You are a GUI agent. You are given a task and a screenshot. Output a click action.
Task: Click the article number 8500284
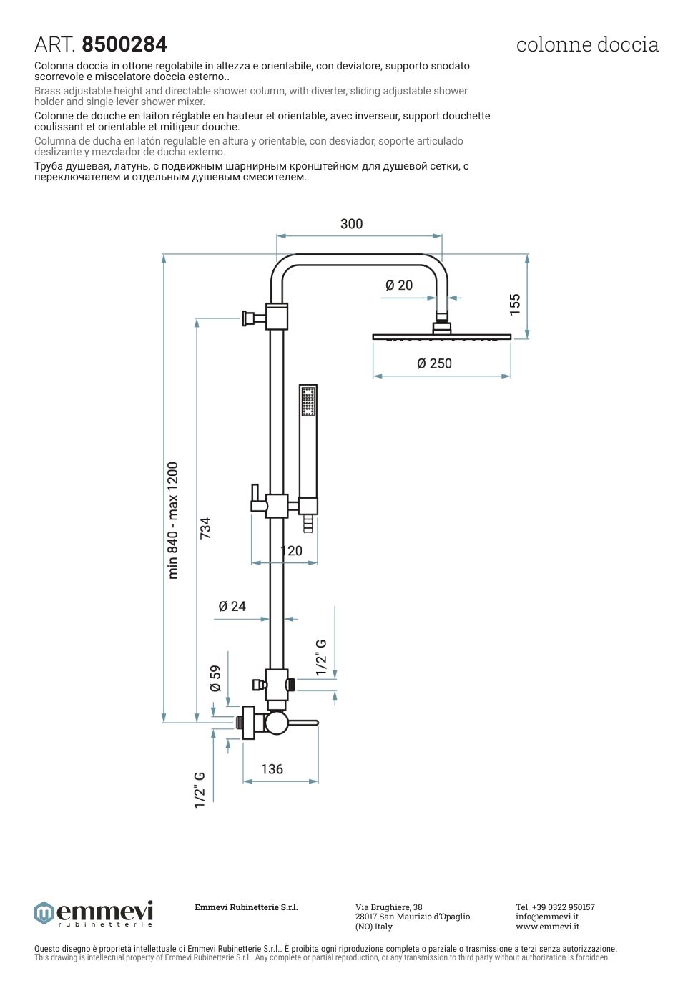pos(124,44)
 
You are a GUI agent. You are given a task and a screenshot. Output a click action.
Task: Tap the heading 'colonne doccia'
pos(586,44)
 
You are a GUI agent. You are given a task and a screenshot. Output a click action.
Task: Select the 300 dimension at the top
pos(351,224)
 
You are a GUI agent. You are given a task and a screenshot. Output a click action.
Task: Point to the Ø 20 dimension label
pos(399,285)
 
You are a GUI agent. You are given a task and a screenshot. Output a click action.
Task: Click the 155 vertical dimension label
pos(515,304)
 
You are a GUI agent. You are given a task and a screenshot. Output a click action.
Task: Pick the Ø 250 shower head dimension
pos(434,363)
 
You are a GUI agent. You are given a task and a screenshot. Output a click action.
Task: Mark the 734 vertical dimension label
pos(206,528)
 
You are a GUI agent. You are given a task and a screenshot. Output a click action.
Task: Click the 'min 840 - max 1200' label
pos(173,520)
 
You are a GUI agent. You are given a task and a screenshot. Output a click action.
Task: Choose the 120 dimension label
pos(292,551)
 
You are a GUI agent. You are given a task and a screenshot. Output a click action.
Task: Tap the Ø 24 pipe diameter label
pos(232,607)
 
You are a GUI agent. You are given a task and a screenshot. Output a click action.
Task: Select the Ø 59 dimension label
pos(215,678)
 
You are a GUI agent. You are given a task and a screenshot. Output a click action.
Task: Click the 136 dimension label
pos(272,769)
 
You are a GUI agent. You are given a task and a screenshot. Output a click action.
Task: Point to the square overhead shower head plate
pos(441,336)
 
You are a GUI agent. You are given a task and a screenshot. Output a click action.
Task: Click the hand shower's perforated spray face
pos(308,401)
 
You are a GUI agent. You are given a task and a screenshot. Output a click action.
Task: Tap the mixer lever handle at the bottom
pos(304,723)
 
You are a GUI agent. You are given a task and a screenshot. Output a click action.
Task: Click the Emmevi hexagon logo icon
pos(44,913)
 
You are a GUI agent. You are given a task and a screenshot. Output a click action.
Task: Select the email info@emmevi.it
pos(547,917)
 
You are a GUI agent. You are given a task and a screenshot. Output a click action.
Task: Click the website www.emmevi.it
pos(547,927)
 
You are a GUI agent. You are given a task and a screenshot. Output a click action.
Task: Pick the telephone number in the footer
pos(555,907)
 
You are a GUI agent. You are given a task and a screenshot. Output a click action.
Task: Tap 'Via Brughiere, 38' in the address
pos(388,907)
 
